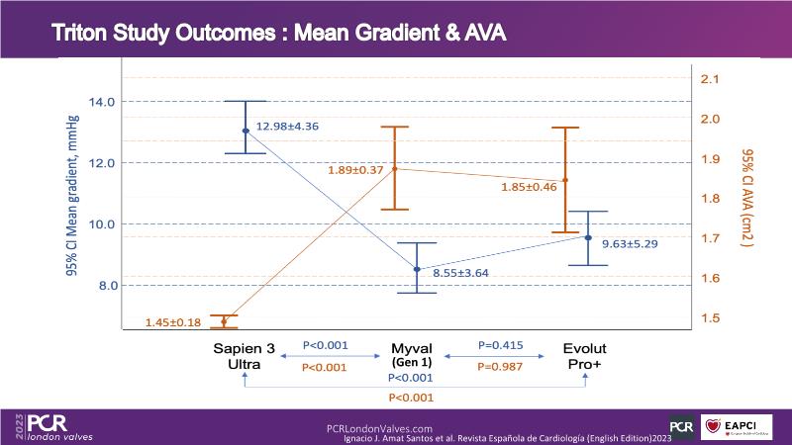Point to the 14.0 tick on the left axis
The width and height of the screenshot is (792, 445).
102,102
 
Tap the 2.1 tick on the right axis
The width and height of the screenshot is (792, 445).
710,79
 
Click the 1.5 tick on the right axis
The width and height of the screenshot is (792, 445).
710,318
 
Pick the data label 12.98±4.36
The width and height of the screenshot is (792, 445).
287,127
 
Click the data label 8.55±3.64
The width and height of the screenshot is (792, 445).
460,272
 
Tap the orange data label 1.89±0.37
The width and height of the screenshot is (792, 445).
355,170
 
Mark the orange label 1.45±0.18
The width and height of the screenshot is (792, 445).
172,322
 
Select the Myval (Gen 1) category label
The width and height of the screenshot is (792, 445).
416,355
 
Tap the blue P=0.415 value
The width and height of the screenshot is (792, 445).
500,346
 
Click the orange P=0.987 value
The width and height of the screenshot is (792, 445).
500,367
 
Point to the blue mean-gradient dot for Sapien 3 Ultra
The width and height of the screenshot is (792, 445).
246,131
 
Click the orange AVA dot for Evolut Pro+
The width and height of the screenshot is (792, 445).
565,180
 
